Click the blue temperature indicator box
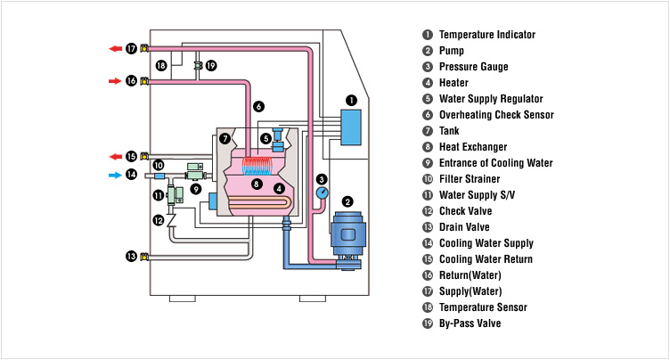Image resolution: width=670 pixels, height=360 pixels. pyautogui.click(x=351, y=127)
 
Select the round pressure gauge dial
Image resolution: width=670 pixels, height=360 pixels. pyautogui.click(x=322, y=193)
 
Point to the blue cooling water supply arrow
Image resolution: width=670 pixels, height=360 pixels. pyautogui.click(x=115, y=175)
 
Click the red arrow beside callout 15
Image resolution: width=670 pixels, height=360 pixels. pyautogui.click(x=115, y=156)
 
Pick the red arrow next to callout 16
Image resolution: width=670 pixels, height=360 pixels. pyautogui.click(x=115, y=81)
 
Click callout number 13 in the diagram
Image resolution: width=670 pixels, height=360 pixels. pyautogui.click(x=131, y=257)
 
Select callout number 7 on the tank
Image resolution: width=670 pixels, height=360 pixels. pyautogui.click(x=225, y=138)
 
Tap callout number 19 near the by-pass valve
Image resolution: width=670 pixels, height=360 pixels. pyautogui.click(x=210, y=65)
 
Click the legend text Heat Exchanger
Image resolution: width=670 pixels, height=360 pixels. pyautogui.click(x=473, y=147)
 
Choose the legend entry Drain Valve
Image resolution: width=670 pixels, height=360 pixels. pyautogui.click(x=463, y=227)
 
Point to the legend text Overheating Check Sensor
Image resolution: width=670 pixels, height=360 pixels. pyautogui.click(x=496, y=115)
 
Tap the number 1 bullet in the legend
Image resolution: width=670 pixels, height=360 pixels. pyautogui.click(x=428, y=35)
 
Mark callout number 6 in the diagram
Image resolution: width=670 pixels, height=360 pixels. pyautogui.click(x=258, y=106)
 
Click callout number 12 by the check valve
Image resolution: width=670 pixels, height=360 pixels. pyautogui.click(x=158, y=220)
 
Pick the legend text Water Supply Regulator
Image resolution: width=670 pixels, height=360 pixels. pyautogui.click(x=491, y=99)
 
